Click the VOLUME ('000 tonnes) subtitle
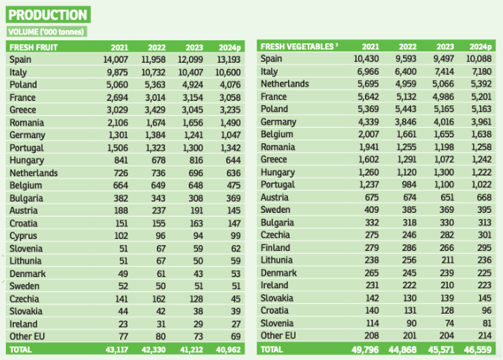pyautogui.click(x=46, y=31)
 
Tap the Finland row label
pyautogui.click(x=275, y=248)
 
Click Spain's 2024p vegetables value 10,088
pyautogui.click(x=481, y=59)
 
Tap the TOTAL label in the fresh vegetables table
pyautogui.click(x=272, y=349)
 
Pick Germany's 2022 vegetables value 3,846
pyautogui.click(x=409, y=122)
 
